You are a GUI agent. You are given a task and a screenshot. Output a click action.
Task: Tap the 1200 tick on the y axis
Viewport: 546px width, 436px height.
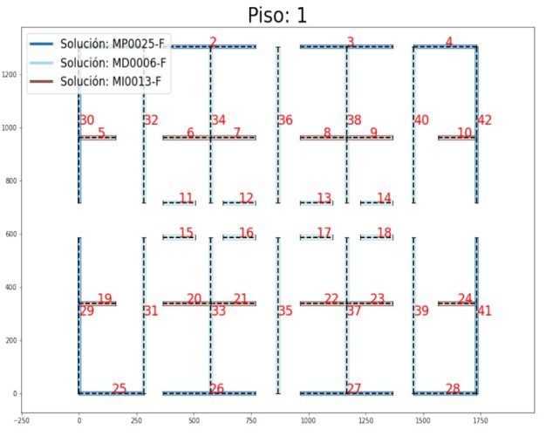[x=11, y=75]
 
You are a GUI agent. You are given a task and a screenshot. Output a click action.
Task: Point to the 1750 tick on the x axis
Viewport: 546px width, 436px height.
[x=478, y=419]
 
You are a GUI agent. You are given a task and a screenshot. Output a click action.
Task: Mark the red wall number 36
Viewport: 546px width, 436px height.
[x=285, y=120]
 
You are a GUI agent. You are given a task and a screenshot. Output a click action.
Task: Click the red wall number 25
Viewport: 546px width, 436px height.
[x=119, y=389]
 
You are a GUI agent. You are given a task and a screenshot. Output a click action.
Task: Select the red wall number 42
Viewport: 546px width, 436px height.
[x=485, y=120]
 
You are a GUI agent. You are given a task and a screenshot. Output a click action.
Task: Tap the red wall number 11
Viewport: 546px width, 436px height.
[x=186, y=198]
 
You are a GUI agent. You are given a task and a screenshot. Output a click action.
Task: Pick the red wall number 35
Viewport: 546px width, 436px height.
[x=285, y=310]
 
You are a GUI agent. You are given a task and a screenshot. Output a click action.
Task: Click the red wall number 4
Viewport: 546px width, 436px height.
[x=449, y=42]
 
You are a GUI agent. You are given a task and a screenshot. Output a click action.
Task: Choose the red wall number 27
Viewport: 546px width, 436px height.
[x=354, y=389]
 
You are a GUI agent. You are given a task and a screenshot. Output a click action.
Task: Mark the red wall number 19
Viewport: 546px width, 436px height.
[x=105, y=299]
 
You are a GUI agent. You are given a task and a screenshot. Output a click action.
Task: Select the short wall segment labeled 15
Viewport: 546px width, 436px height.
[x=179, y=237]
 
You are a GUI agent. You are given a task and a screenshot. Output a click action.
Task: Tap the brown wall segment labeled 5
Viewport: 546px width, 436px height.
[x=97, y=138]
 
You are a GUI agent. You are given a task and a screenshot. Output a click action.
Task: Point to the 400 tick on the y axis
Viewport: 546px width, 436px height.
[x=11, y=288]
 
